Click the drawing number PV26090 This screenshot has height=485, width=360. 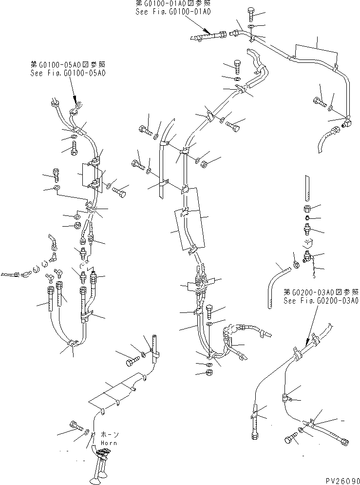(x=340, y=480)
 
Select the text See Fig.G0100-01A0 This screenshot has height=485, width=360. (x=173, y=12)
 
